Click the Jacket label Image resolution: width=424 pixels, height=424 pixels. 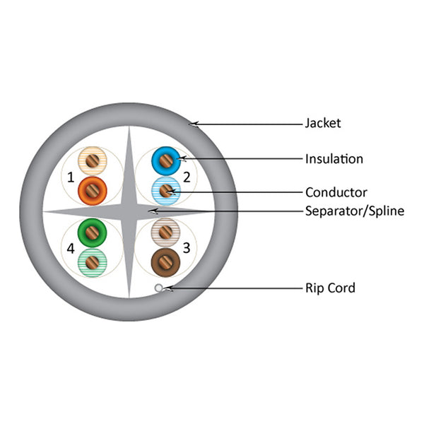tap(323, 124)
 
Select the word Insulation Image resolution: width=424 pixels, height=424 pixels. tap(334, 159)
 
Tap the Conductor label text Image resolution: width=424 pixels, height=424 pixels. tap(336, 192)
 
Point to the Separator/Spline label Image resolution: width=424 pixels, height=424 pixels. tap(354, 211)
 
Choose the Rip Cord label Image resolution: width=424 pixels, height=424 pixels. tap(330, 288)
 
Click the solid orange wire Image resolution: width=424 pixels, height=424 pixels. tap(92, 189)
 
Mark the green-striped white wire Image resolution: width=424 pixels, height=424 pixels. tap(92, 261)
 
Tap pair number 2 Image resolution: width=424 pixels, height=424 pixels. tap(187, 177)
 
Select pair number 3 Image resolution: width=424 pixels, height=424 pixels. tap(187, 247)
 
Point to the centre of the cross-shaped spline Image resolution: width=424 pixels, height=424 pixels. tap(129, 211)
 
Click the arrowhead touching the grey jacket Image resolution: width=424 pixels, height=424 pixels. tap(192, 124)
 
